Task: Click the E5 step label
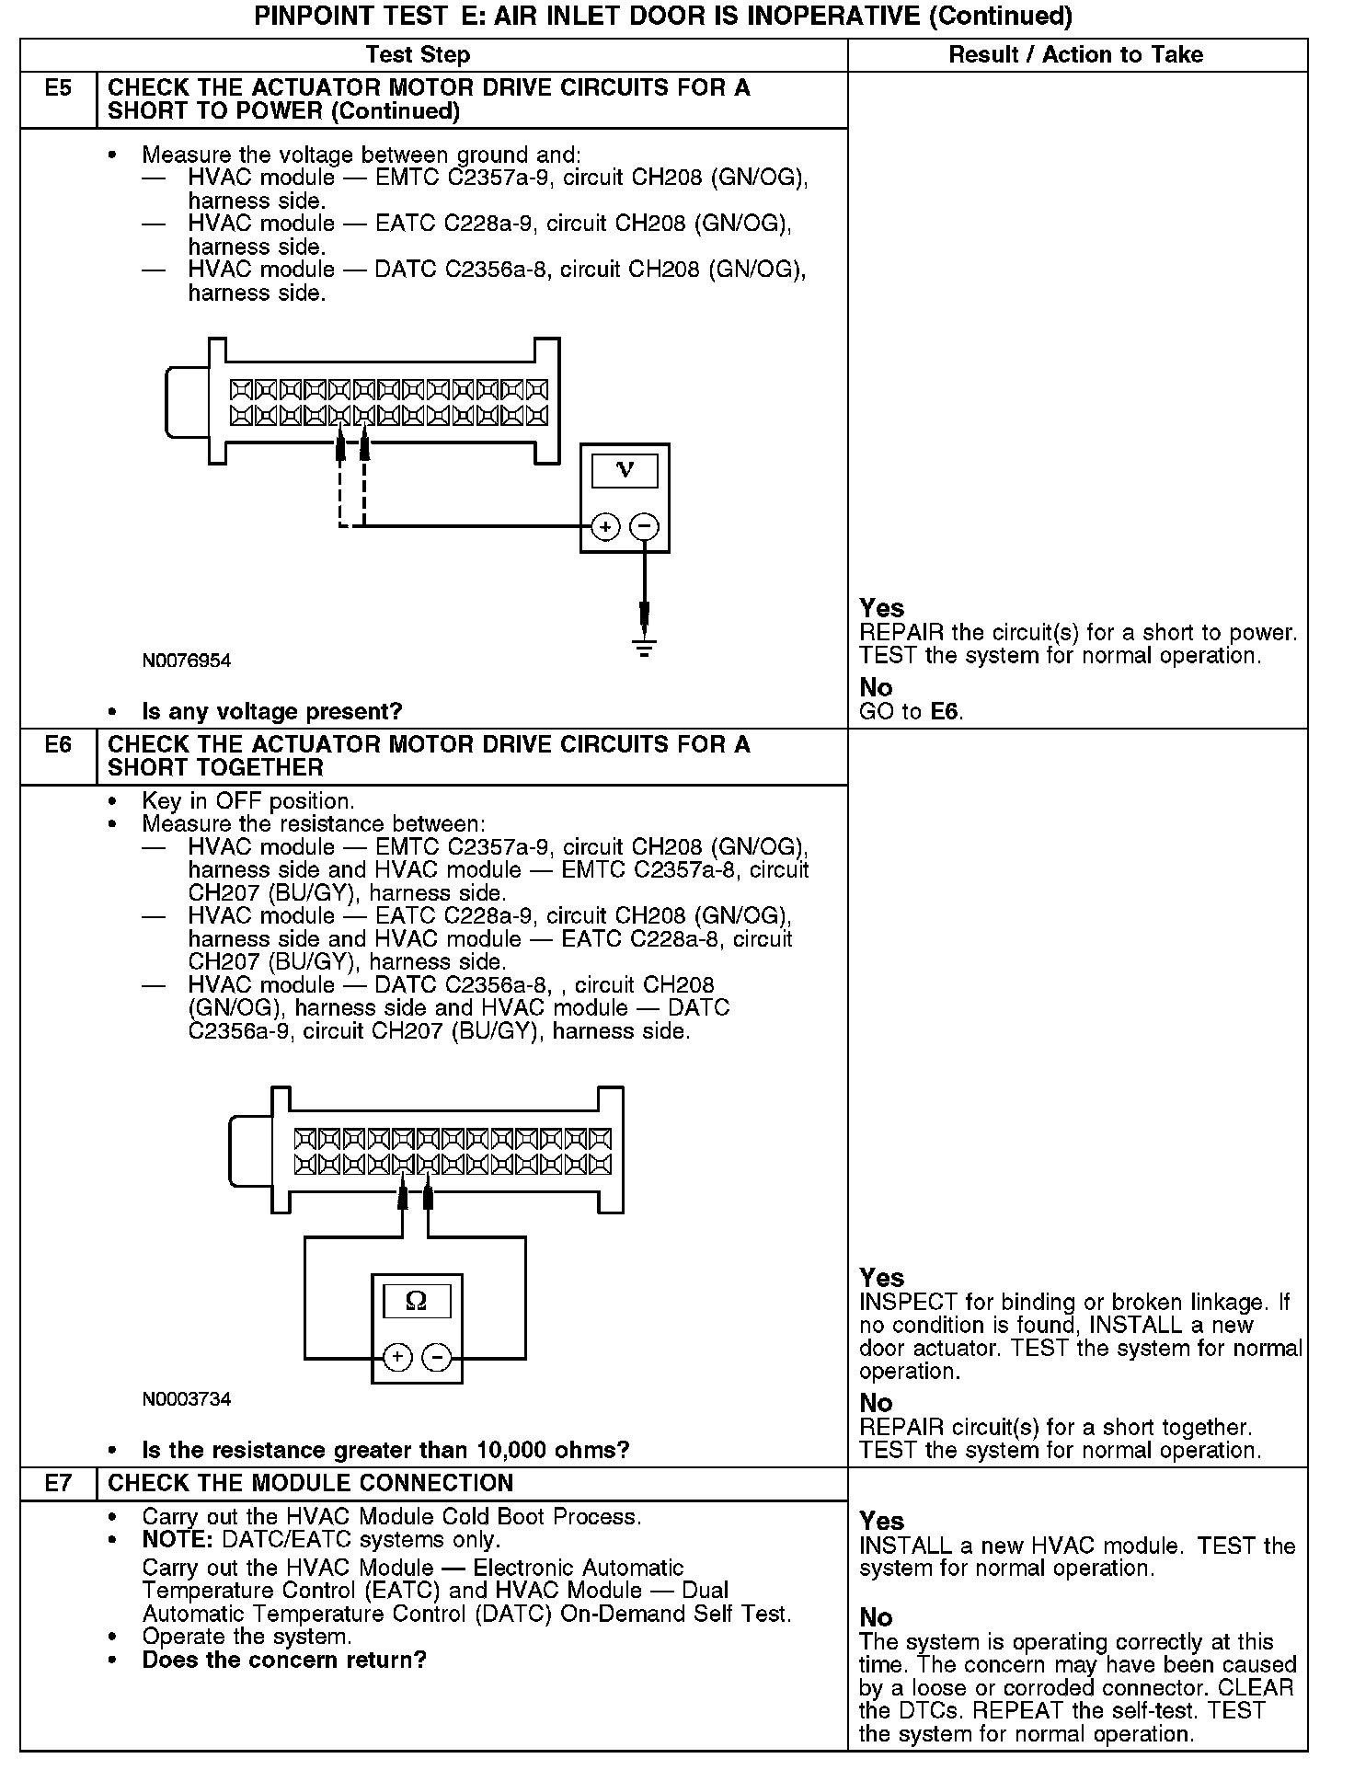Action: point(58,88)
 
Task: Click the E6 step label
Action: point(58,744)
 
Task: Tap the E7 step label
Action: point(58,1483)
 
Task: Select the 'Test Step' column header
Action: point(418,55)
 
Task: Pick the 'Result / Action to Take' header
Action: point(1075,55)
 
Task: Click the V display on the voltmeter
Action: point(625,470)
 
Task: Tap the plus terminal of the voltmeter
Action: point(605,527)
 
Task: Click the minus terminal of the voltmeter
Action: point(645,527)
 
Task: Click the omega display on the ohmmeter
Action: point(416,1301)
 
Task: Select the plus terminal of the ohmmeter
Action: point(397,1357)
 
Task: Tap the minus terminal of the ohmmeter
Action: point(437,1357)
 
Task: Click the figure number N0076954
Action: point(187,661)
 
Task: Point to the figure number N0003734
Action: point(187,1399)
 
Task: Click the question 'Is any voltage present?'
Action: point(272,711)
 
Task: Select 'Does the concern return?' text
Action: point(284,1661)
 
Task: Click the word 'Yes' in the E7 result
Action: point(881,1521)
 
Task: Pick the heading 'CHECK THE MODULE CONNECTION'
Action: point(311,1483)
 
